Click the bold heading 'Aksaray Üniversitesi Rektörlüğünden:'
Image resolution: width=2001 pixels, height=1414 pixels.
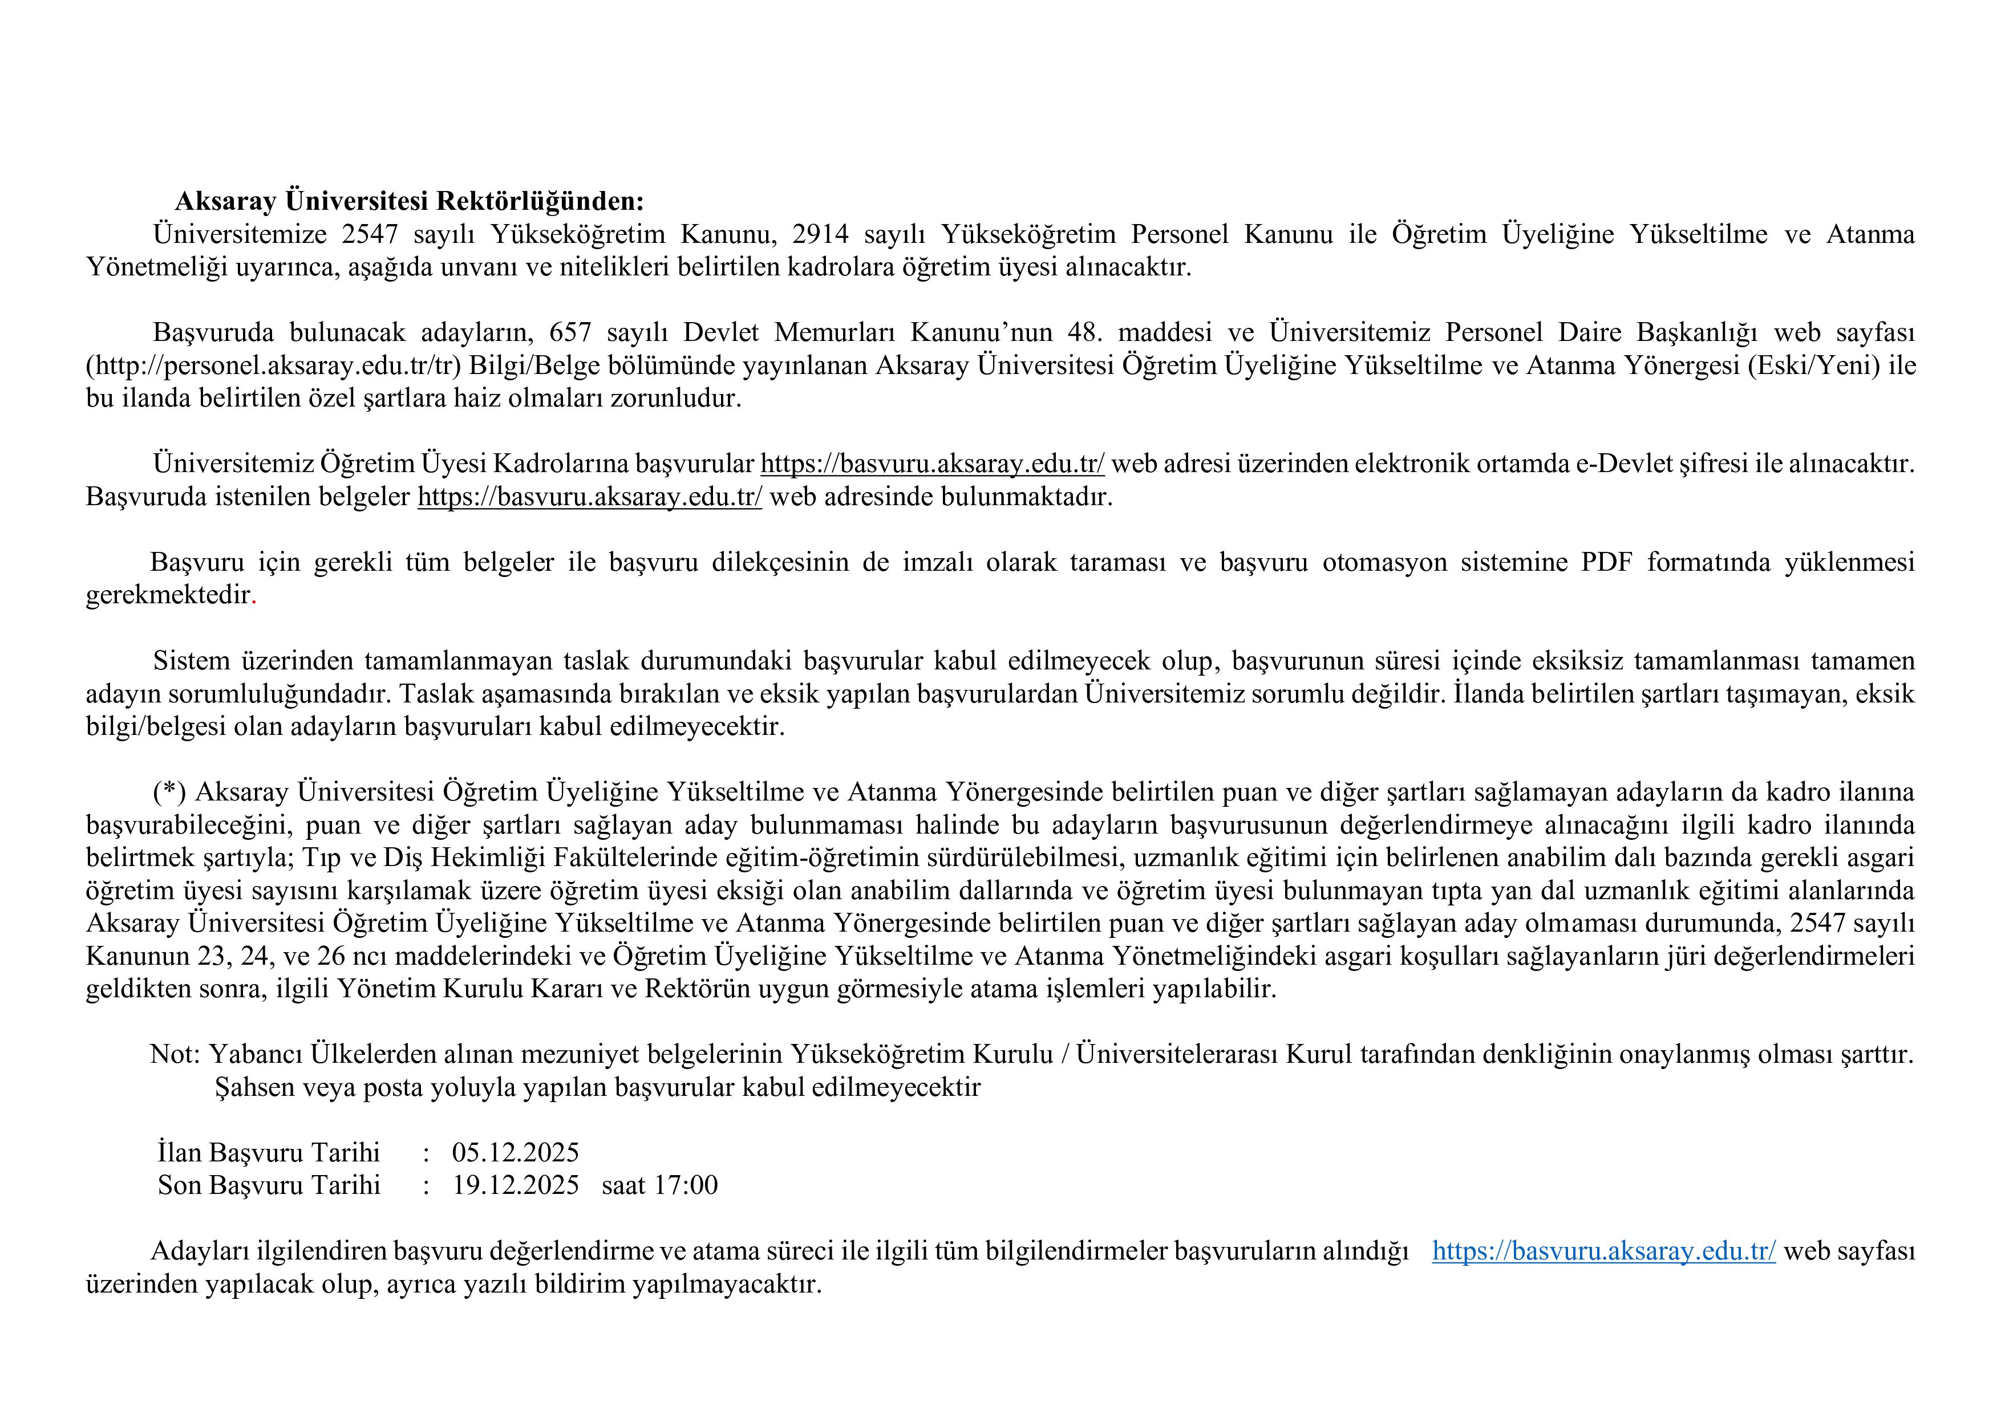click(409, 201)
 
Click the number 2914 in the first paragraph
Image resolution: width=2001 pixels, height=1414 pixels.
click(820, 234)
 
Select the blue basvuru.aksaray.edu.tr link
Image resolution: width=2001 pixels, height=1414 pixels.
click(1603, 1251)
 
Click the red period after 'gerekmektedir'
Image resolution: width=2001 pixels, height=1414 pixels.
click(254, 596)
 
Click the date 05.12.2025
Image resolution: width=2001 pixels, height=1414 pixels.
click(515, 1153)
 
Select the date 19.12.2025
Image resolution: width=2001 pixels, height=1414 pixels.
click(515, 1186)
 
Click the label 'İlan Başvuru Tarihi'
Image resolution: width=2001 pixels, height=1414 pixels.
click(269, 1153)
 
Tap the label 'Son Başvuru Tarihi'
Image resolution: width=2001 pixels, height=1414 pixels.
click(269, 1186)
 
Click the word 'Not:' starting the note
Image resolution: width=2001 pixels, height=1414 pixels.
click(175, 1055)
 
